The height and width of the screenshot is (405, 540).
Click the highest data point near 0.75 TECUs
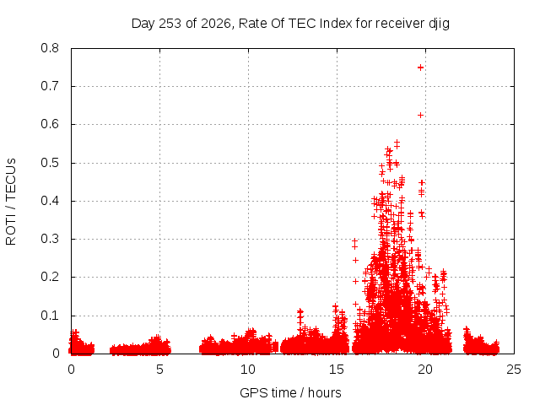pos(420,67)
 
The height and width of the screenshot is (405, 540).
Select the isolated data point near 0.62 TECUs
pos(420,115)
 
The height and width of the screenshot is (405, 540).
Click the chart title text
pos(290,24)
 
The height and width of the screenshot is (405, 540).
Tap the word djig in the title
pos(439,24)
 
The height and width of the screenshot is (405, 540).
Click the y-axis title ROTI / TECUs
pos(11,202)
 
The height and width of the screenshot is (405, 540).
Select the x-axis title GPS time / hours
pos(290,392)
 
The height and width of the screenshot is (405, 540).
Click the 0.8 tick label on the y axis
pos(50,48)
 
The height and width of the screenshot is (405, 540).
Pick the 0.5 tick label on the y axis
pos(50,163)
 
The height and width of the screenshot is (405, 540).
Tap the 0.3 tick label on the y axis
pos(50,239)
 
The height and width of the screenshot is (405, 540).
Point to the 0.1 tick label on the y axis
pos(50,316)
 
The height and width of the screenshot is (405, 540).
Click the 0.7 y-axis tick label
pos(50,86)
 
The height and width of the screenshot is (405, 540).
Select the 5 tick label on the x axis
pos(159,370)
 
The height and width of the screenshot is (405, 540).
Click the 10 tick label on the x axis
pos(248,370)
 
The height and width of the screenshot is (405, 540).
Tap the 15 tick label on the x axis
pos(337,370)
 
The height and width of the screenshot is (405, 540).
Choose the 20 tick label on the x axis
pos(425,370)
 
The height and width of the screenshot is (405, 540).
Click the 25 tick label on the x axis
pos(514,370)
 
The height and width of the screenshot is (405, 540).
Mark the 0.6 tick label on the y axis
pos(50,124)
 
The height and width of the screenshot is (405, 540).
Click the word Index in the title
pos(336,24)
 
